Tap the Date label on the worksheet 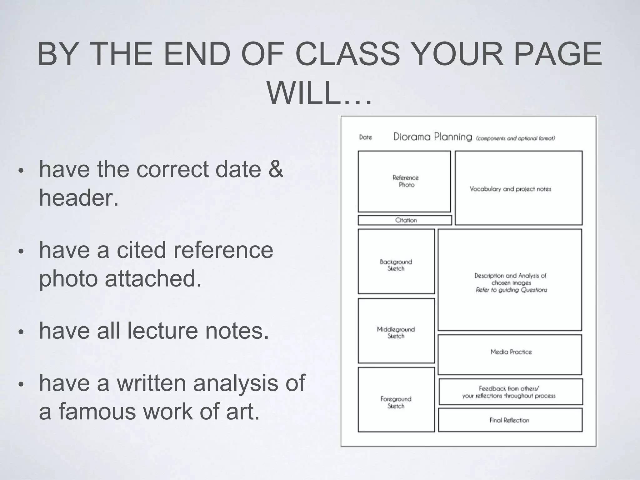point(365,137)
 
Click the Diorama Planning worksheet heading point(432,137)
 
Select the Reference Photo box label point(406,181)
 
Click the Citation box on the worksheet point(406,220)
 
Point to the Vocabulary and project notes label point(510,189)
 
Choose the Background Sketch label point(396,265)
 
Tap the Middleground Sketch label point(396,332)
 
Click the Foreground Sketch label point(396,402)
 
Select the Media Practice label point(511,352)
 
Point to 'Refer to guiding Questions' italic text point(511,290)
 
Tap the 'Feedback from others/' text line point(509,388)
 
